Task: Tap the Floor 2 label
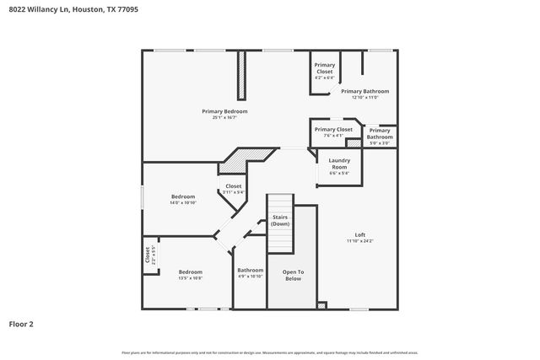[21, 323]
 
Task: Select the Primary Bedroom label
[224, 111]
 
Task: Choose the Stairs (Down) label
[280, 221]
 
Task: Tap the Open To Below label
[292, 275]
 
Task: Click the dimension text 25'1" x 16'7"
[224, 118]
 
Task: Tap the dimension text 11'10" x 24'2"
[360, 241]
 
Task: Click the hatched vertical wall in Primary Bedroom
[241, 76]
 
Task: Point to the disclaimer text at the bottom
[270, 352]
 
